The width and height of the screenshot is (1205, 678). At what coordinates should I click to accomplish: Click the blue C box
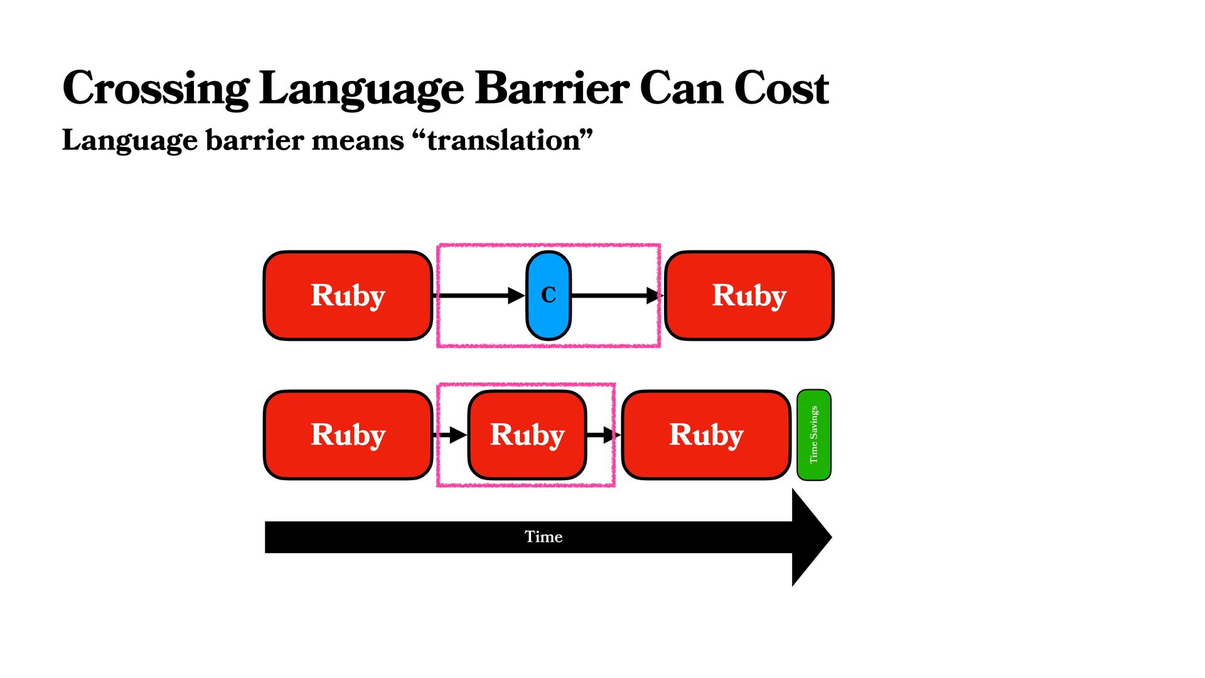pyautogui.click(x=548, y=295)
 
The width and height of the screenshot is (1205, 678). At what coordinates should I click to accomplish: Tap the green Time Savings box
pyautogui.click(x=813, y=434)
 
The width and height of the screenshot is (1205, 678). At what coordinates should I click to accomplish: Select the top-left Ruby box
pyautogui.click(x=348, y=295)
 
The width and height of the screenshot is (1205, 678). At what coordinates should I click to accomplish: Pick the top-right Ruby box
pyautogui.click(x=749, y=295)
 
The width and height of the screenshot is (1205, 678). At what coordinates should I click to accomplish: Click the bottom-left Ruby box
pyautogui.click(x=348, y=434)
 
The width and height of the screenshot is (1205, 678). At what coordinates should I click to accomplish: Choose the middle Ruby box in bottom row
pyautogui.click(x=527, y=434)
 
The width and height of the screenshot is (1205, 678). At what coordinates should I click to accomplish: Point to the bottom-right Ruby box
pyautogui.click(x=706, y=434)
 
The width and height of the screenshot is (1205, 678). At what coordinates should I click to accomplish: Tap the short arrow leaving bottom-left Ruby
pyautogui.click(x=451, y=434)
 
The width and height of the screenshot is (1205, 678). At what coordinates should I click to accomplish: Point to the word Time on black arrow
pyautogui.click(x=544, y=537)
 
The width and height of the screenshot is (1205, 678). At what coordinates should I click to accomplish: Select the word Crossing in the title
pyautogui.click(x=156, y=89)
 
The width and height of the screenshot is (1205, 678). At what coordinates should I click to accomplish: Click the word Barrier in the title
pyautogui.click(x=552, y=89)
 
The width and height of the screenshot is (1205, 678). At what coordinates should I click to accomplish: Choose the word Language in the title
pyautogui.click(x=361, y=89)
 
